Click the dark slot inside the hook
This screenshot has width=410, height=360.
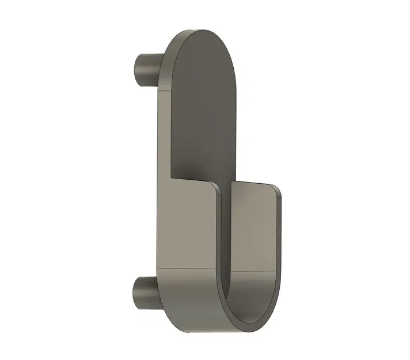[x=225, y=242]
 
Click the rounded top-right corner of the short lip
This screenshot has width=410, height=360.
[x=278, y=190]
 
